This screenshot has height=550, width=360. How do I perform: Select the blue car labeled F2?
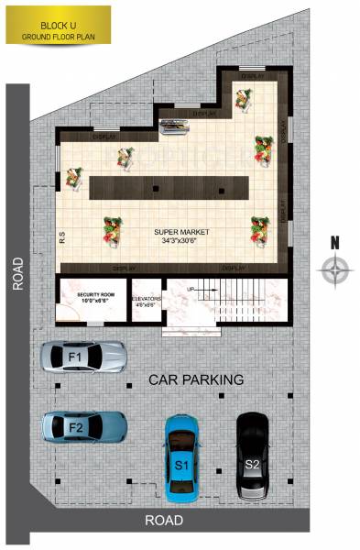pyautogui.click(x=83, y=426)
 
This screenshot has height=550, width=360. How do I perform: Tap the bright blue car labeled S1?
pyautogui.click(x=182, y=456)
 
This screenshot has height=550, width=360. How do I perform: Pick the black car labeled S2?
pyautogui.click(x=252, y=456)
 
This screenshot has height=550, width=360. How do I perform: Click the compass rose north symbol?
pyautogui.click(x=336, y=269)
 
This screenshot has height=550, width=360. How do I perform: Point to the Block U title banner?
pyautogui.click(x=58, y=25)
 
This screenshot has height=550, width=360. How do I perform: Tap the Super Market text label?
pyautogui.click(x=181, y=233)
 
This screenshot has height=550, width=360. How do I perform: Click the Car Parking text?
pyautogui.click(x=196, y=379)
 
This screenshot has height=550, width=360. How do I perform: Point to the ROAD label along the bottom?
pyautogui.click(x=164, y=521)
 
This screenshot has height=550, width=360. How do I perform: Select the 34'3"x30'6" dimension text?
pyautogui.click(x=181, y=240)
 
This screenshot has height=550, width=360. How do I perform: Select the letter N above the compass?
pyautogui.click(x=335, y=244)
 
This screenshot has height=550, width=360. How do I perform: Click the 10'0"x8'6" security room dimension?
pyautogui.click(x=93, y=300)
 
